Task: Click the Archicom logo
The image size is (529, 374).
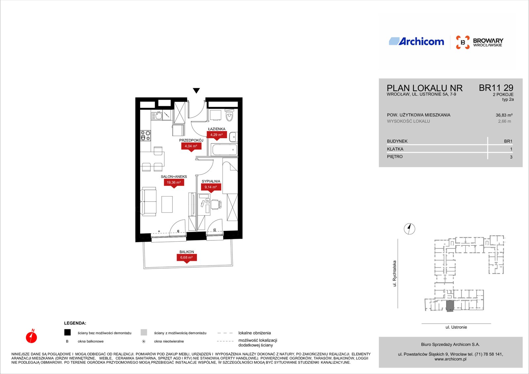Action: click(x=416, y=41)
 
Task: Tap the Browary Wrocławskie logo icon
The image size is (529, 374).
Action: click(x=463, y=42)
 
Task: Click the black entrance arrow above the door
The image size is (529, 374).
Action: click(x=196, y=91)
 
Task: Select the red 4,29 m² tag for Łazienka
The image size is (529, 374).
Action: click(x=217, y=135)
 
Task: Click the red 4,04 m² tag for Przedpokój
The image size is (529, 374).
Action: click(x=191, y=147)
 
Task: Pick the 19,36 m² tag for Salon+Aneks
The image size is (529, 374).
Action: click(x=174, y=183)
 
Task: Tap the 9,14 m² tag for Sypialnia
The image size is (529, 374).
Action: click(x=211, y=187)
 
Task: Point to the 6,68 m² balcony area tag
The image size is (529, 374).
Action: click(x=186, y=258)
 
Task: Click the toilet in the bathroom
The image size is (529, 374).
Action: click(x=229, y=115)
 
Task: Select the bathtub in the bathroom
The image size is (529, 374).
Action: click(x=224, y=150)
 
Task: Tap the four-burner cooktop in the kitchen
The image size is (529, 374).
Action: click(x=145, y=136)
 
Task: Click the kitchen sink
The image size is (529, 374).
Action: click(x=157, y=116)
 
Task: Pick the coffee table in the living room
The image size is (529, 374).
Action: click(x=167, y=204)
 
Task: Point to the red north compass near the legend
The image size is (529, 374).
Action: click(x=31, y=336)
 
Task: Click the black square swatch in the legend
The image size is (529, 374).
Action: click(x=67, y=332)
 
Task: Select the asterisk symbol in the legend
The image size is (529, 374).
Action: click(x=143, y=341)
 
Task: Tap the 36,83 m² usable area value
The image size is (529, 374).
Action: click(x=504, y=115)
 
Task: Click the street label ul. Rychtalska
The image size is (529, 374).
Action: click(x=394, y=273)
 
